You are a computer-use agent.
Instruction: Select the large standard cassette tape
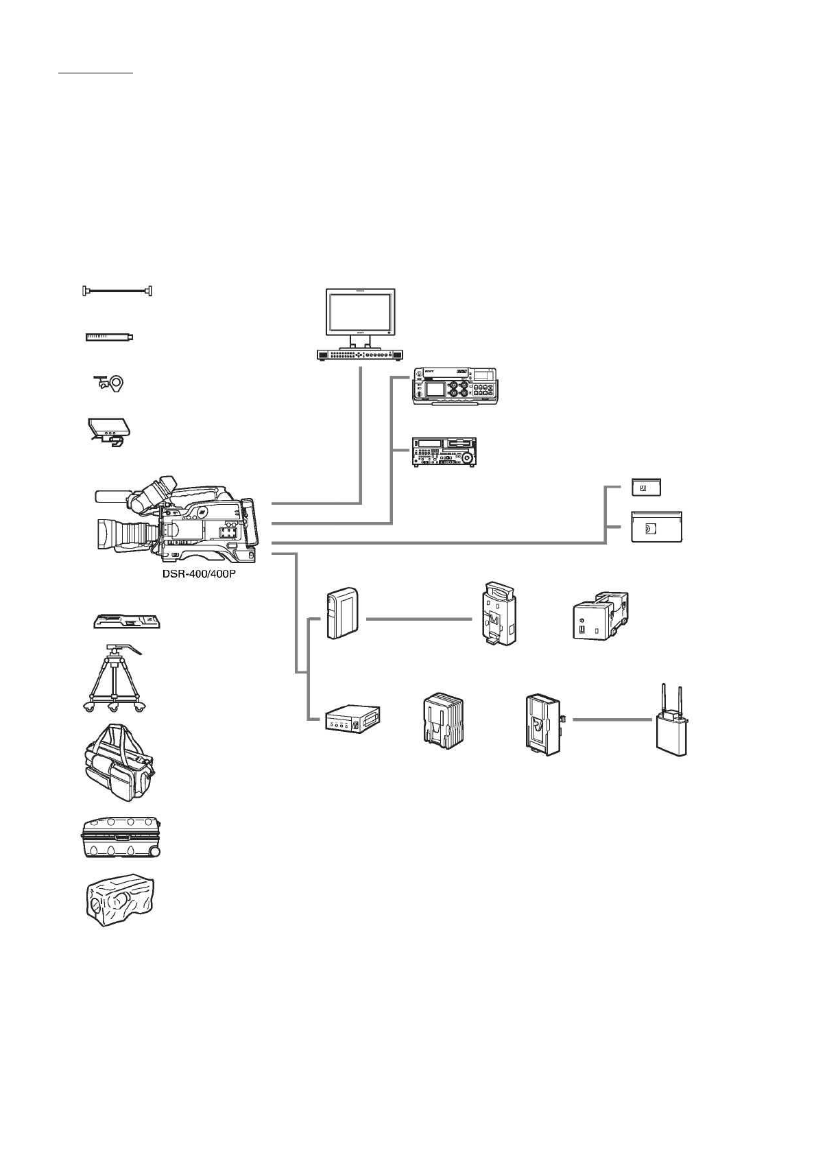(x=656, y=527)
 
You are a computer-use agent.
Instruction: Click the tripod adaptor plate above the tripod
(x=128, y=621)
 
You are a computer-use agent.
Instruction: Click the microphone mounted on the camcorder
(x=114, y=496)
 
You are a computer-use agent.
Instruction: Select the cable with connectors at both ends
(x=117, y=291)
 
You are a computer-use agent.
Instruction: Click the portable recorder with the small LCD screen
(x=455, y=386)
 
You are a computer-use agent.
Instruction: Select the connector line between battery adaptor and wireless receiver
(x=611, y=719)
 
